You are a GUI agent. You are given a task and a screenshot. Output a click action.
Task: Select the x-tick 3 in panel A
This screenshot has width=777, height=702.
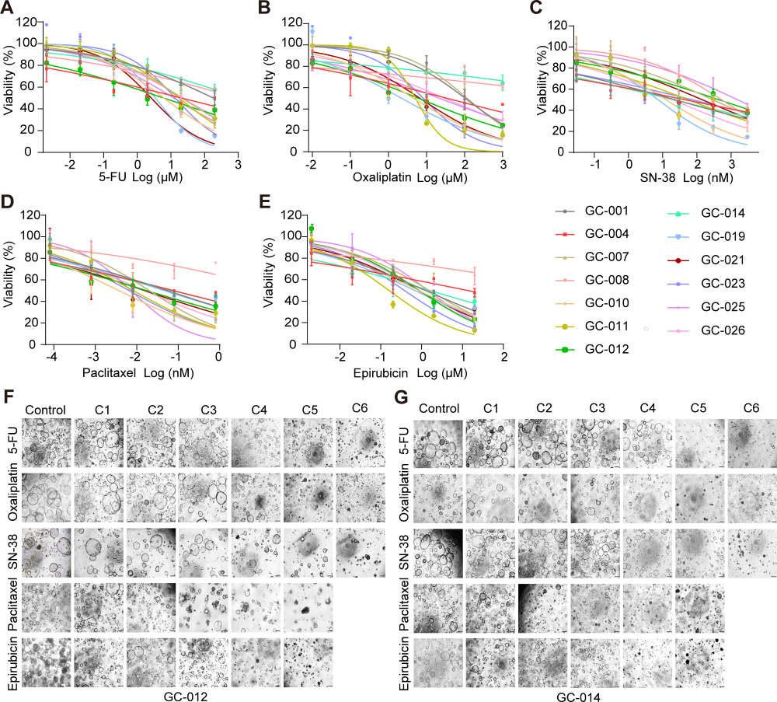pyautogui.click(x=238, y=164)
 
